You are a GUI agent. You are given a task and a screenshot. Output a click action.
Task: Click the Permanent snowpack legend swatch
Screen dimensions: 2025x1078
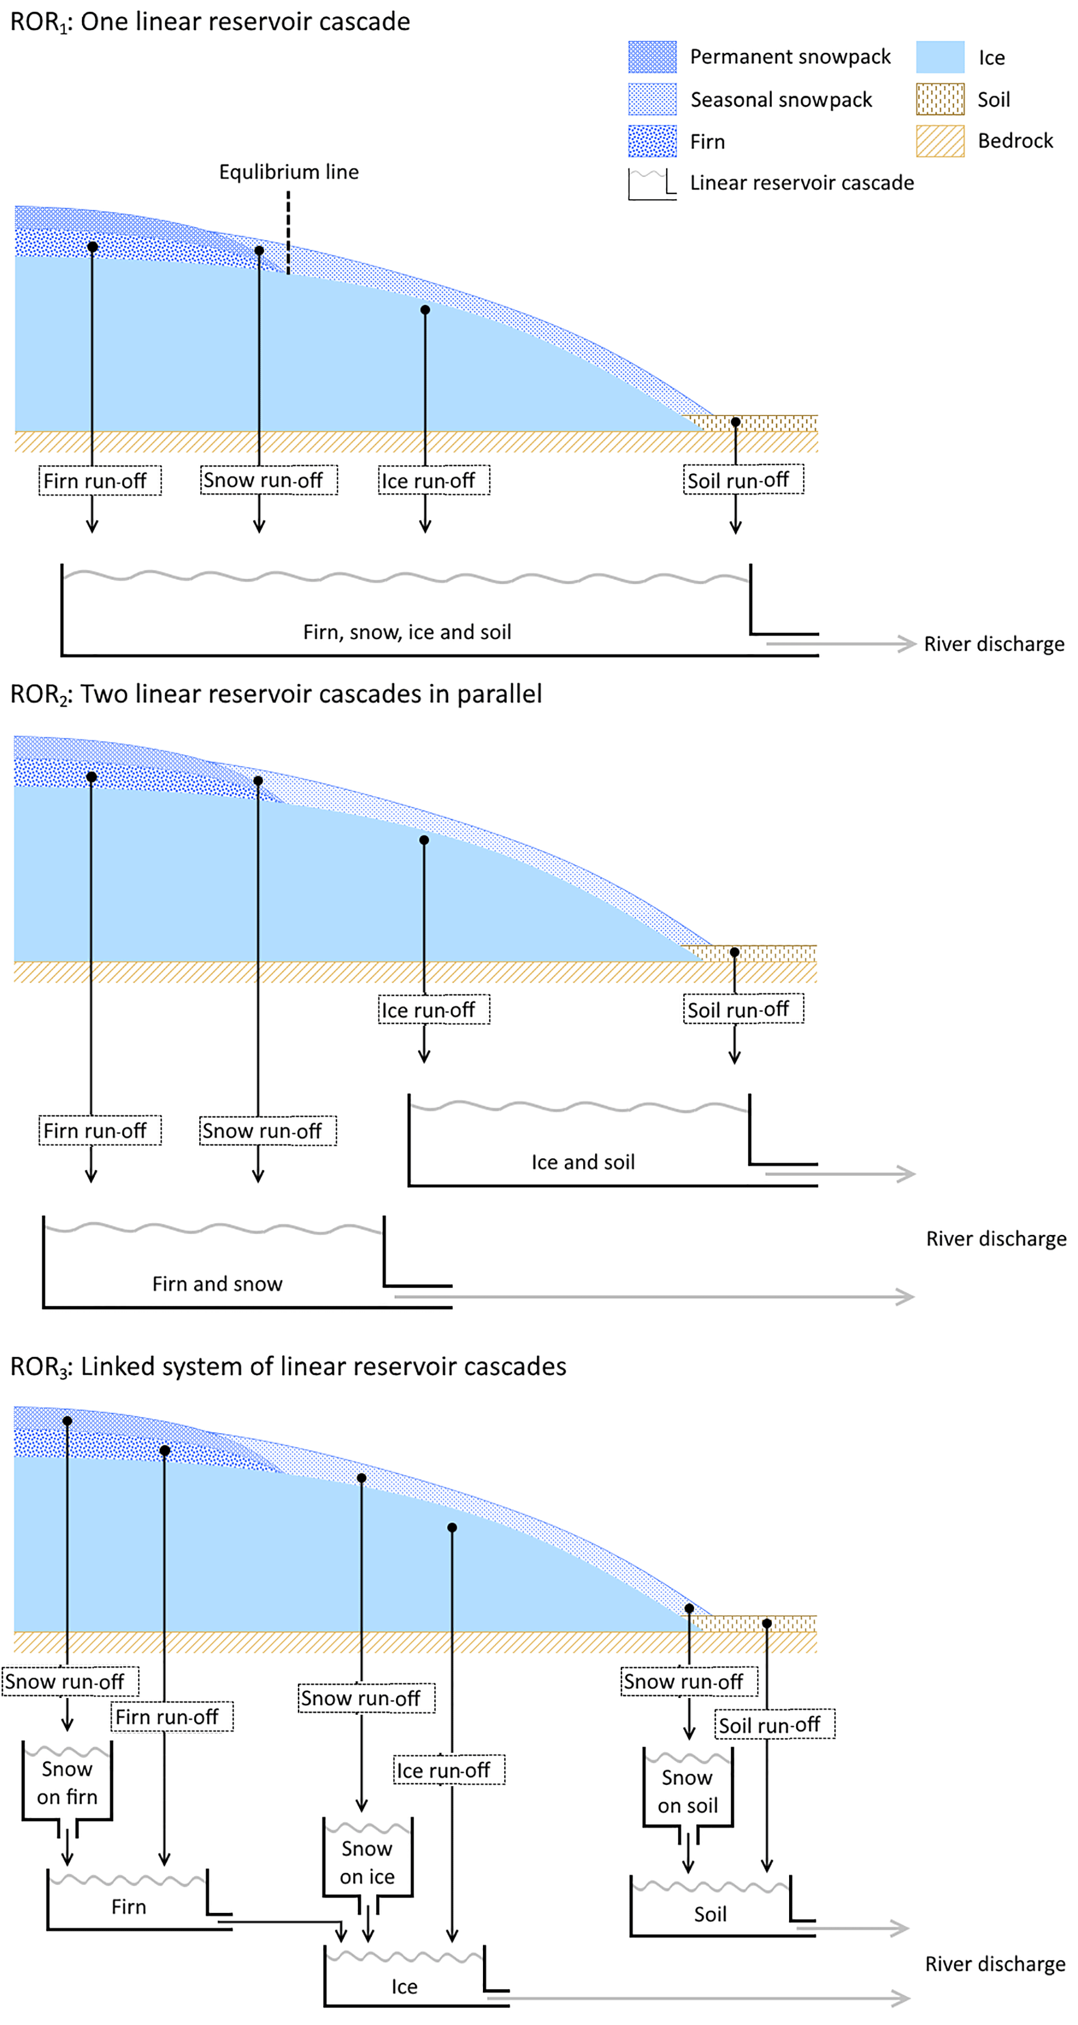652,57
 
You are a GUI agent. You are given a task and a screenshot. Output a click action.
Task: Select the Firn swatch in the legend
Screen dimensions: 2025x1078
652,141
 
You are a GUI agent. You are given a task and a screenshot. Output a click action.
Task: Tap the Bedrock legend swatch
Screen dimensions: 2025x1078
940,141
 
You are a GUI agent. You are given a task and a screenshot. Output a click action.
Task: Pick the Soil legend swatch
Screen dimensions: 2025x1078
940,99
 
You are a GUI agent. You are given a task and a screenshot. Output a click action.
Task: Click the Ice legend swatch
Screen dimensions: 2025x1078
940,57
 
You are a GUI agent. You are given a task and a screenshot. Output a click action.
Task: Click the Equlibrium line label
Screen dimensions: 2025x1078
288,172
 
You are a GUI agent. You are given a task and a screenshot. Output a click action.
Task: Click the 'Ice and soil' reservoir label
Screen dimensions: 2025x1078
583,1162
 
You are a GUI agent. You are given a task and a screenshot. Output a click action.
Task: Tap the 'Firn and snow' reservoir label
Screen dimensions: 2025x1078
217,1284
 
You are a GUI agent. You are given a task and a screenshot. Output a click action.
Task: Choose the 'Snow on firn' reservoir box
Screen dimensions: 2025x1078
68,1782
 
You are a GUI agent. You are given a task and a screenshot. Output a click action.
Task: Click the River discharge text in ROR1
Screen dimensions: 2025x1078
994,644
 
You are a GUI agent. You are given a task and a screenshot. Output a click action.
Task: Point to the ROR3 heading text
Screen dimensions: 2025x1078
288,1367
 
